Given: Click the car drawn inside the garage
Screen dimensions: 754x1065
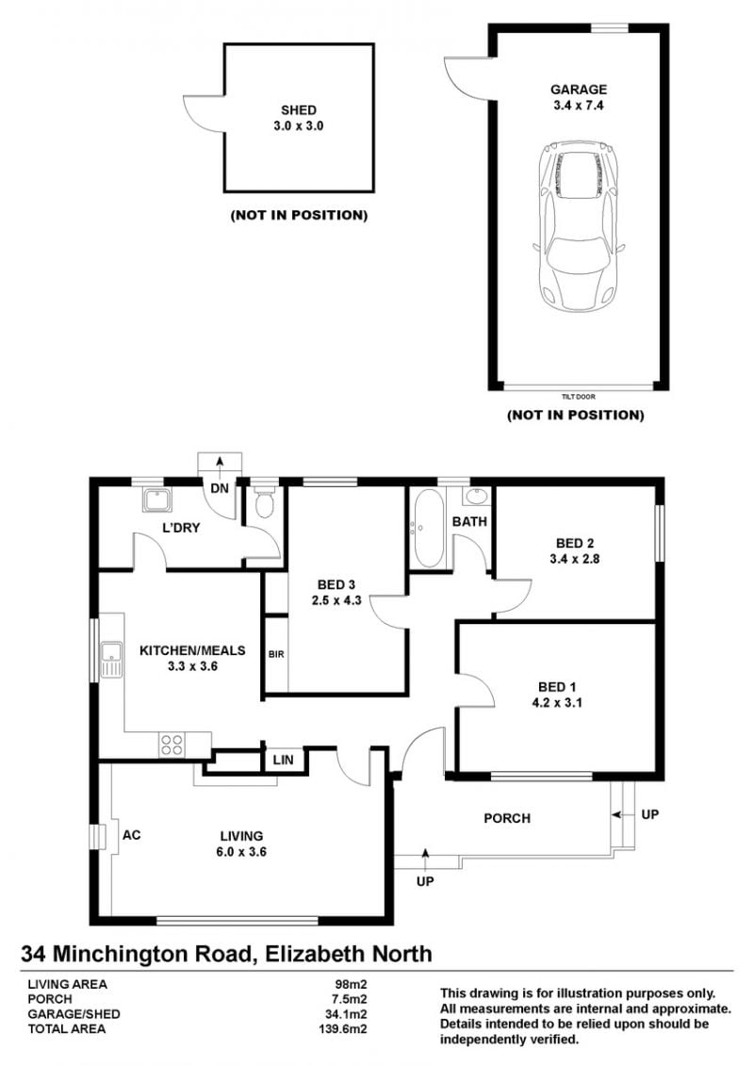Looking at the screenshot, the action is [579, 226].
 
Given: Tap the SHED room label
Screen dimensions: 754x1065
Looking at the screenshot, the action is [299, 110].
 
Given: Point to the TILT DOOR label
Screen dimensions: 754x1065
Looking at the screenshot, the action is [578, 397].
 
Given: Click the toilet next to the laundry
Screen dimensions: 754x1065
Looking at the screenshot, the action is [263, 502].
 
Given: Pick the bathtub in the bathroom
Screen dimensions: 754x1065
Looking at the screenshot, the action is [428, 528].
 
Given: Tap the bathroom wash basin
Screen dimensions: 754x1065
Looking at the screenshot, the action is [477, 496].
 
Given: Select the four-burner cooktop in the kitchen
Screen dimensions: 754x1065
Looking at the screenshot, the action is [172, 745].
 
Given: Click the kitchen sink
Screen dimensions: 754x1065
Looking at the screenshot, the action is [110, 660].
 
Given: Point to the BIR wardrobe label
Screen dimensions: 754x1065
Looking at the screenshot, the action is [276, 655].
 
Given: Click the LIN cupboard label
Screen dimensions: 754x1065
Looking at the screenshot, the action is [284, 760].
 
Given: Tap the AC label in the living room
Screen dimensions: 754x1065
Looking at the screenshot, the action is [132, 835].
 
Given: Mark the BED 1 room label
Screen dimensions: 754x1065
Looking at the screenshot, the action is [557, 687].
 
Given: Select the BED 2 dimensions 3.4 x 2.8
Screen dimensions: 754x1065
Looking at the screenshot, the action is [575, 560].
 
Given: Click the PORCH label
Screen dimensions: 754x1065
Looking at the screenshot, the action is [507, 818].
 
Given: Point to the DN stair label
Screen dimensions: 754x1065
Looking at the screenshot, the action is [220, 487].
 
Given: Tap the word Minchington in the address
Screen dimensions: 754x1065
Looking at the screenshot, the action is [152, 955].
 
